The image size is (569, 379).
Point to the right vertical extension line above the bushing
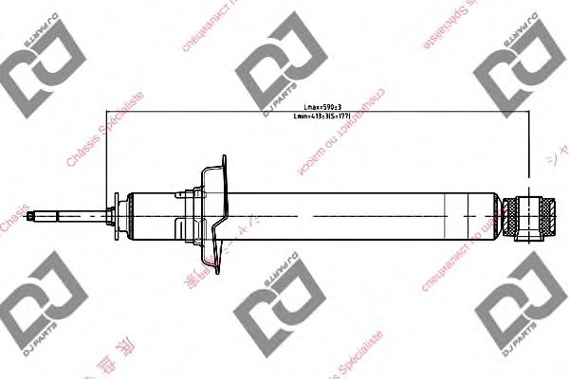(x=526, y=152)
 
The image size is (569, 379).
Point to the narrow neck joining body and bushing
(x=504, y=214)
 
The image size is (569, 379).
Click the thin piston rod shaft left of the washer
(x=71, y=214)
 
